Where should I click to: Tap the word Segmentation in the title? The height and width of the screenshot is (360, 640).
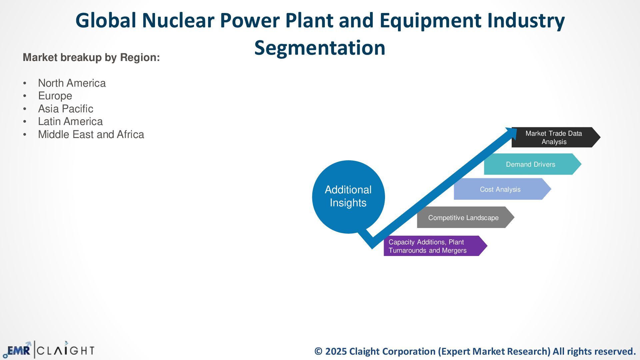point(320,48)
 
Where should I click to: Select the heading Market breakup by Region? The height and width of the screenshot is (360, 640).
point(91,57)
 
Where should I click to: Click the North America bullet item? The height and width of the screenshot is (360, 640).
point(72,83)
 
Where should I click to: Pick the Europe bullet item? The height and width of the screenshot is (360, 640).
point(55,96)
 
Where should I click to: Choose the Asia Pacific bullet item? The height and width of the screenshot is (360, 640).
point(66,109)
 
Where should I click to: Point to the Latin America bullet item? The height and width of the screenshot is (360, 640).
point(70,121)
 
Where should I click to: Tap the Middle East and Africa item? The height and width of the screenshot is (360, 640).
point(91,134)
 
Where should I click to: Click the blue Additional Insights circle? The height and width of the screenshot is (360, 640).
point(348,196)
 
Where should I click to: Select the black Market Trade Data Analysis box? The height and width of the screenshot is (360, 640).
point(554,137)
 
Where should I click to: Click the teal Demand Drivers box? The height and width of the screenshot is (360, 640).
point(530,164)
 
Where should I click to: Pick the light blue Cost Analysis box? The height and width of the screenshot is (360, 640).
point(500,189)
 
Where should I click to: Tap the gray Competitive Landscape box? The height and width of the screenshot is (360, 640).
point(463,218)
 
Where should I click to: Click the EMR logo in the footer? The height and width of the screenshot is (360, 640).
point(18,350)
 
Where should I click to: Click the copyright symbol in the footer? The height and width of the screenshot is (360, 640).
point(318,351)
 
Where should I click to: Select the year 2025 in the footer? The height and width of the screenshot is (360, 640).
point(336,351)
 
